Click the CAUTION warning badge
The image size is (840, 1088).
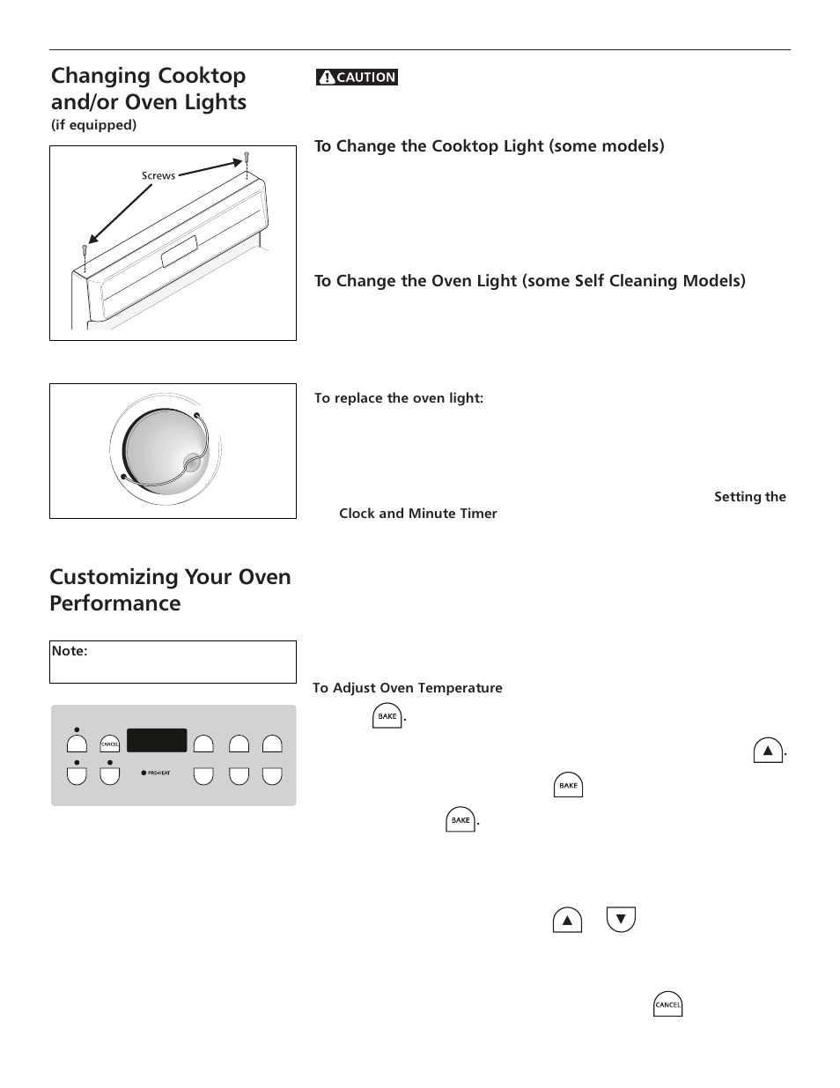(x=357, y=78)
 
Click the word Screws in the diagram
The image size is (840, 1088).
(x=158, y=176)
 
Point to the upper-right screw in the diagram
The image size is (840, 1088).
(x=247, y=159)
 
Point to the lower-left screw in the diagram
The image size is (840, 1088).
(x=85, y=251)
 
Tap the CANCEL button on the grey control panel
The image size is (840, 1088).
(x=109, y=744)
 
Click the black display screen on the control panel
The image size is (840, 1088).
(x=157, y=740)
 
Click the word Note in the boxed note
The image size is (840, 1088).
(x=69, y=651)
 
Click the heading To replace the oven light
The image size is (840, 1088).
(x=399, y=398)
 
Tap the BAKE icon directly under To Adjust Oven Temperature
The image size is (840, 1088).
(x=387, y=716)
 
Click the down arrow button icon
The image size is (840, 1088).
(x=621, y=920)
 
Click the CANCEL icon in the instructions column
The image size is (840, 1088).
(x=668, y=1005)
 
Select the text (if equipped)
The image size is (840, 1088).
(x=93, y=125)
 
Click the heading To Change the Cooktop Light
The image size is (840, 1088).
(x=489, y=146)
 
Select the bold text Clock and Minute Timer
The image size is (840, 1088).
(x=418, y=514)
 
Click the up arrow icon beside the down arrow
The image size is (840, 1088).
(x=568, y=921)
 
